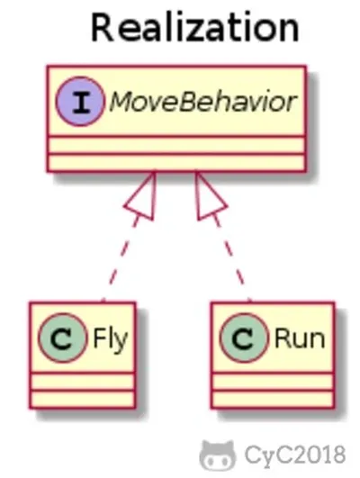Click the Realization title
click(x=195, y=27)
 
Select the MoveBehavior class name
click(x=202, y=102)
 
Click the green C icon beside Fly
click(x=62, y=338)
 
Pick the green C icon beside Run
click(x=244, y=338)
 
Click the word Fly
click(x=110, y=340)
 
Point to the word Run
click(x=300, y=338)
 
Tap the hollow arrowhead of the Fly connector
click(x=143, y=195)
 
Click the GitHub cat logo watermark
click(x=217, y=455)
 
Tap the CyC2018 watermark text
click(x=295, y=455)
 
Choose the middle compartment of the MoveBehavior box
click(x=176, y=146)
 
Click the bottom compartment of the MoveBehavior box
click(x=176, y=163)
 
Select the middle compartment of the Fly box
click(x=82, y=381)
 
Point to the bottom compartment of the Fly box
click(x=82, y=399)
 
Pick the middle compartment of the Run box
click(x=273, y=381)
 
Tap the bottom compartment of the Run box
click(x=273, y=399)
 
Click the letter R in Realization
click(x=103, y=28)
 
